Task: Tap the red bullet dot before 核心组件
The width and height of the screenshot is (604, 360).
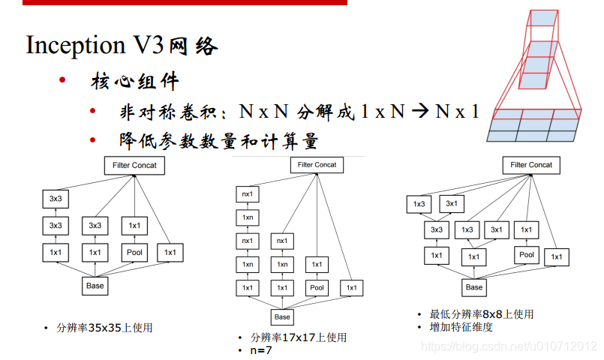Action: (64, 80)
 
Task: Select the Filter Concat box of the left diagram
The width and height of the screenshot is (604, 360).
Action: (134, 166)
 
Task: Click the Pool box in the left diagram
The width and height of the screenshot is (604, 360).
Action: (134, 253)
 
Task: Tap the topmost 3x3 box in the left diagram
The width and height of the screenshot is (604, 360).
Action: (55, 199)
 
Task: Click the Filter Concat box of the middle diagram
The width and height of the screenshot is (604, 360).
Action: (317, 165)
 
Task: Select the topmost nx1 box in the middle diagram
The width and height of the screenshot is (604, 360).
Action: (247, 193)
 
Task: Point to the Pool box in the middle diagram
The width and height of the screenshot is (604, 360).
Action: (317, 287)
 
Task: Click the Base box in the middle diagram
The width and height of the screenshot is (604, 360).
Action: (281, 317)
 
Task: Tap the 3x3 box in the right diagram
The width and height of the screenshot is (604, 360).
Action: (436, 230)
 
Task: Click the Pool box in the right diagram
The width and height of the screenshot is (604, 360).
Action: (527, 255)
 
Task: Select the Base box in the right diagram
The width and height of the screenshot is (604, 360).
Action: (474, 287)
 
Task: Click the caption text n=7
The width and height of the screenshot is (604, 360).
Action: (260, 349)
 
